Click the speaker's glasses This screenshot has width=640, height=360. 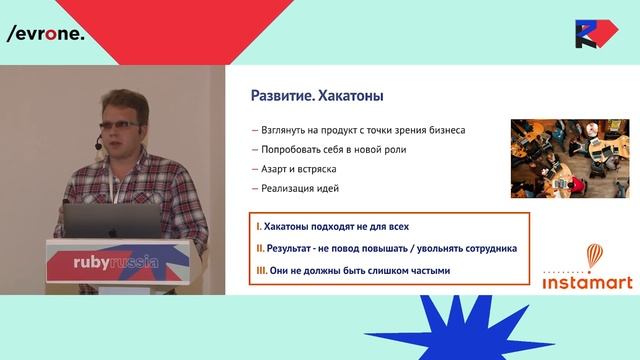tap(120, 124)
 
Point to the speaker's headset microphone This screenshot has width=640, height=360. tap(98, 147)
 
